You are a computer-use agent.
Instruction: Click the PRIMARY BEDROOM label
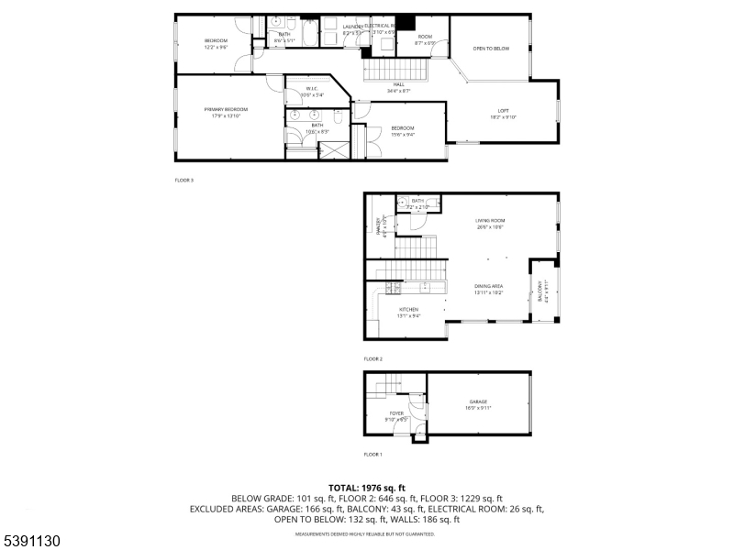[226, 109]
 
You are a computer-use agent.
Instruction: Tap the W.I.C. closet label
[312, 89]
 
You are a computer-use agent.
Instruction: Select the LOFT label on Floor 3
[503, 111]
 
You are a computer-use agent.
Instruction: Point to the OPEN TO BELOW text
[490, 49]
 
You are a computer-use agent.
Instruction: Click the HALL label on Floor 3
[399, 84]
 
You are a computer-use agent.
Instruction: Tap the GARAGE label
[478, 401]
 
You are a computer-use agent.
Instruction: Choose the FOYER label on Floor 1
[396, 413]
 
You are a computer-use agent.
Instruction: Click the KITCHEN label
[408, 310]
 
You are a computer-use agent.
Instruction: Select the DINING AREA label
[487, 286]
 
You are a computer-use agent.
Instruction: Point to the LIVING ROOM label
[490, 221]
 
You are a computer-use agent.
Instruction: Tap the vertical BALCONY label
[539, 291]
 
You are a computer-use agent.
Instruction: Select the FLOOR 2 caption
[373, 358]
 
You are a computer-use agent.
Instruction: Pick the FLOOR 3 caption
[184, 180]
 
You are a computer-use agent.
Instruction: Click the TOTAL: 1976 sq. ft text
[367, 488]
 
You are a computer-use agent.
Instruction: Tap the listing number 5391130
[32, 542]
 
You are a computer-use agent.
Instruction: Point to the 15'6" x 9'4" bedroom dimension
[403, 134]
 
